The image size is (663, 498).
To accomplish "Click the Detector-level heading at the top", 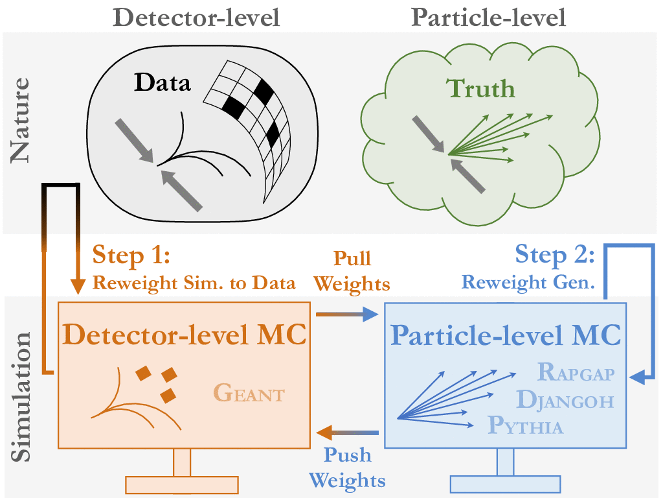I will point(196,17).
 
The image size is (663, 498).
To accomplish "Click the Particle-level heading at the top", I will point(489,17).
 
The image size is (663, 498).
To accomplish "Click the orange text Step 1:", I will point(131,255).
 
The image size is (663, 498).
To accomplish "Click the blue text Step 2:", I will point(554,255).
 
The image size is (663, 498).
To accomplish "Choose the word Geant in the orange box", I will point(249,393).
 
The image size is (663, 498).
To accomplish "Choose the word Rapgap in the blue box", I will point(575,373).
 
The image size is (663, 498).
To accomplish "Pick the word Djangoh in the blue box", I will point(564,399).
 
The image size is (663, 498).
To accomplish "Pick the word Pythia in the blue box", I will point(526,426).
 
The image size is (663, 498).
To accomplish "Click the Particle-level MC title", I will point(507,335).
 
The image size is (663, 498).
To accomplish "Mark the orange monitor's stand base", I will point(182,484).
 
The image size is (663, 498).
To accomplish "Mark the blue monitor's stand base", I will point(505,484).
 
